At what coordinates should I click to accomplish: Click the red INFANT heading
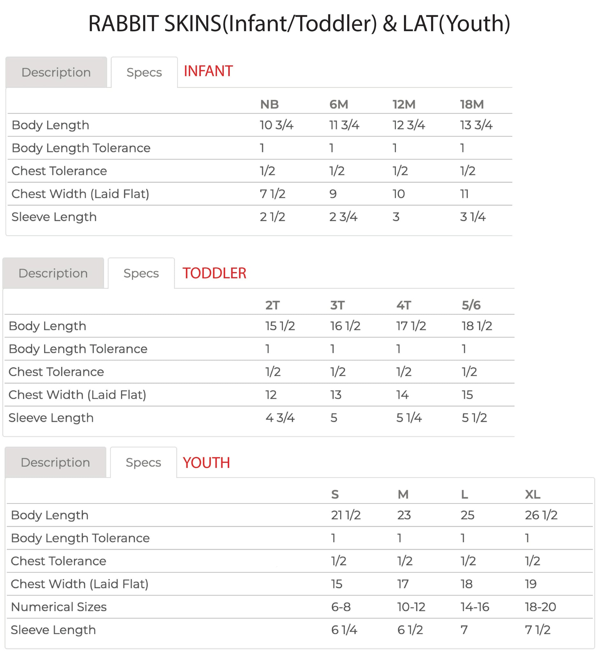tap(208, 71)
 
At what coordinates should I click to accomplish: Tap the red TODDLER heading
tap(214, 273)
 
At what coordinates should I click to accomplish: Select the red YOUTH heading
tap(206, 463)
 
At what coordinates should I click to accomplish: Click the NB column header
tap(269, 105)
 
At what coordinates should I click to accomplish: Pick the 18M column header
tap(472, 105)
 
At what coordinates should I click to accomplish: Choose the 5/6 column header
tap(471, 305)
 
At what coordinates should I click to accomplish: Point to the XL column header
tap(532, 495)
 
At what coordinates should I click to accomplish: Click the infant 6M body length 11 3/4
tap(344, 125)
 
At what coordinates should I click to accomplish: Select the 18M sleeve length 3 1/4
tap(473, 217)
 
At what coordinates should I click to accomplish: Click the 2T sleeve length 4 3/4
tap(280, 418)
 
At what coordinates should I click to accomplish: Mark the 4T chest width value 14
tap(402, 395)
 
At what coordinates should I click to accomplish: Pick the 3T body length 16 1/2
tap(345, 326)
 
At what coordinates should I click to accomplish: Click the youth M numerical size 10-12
tap(411, 607)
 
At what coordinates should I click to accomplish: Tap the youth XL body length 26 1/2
tap(541, 515)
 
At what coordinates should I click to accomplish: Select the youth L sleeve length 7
tap(464, 630)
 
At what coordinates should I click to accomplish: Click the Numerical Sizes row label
tap(59, 607)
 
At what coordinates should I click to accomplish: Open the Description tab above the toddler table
tap(53, 273)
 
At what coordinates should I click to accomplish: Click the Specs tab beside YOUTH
tap(143, 463)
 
